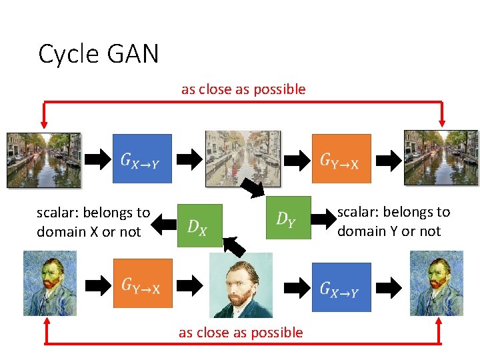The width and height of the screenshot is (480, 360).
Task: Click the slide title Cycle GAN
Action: pos(99,54)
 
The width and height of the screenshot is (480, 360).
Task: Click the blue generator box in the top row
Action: pos(142,159)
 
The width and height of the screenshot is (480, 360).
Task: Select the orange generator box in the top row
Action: pos(341,159)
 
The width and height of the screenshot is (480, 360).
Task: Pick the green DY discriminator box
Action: pos(289,217)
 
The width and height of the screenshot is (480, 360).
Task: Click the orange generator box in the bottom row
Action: pos(142,284)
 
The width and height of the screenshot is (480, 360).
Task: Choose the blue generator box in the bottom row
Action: pos(341,287)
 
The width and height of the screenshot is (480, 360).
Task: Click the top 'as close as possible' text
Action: pos(243,89)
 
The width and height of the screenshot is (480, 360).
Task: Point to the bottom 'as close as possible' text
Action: pos(241,332)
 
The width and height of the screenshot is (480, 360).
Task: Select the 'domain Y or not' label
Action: pos(389,231)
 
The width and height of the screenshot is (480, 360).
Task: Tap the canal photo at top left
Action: pos(43,159)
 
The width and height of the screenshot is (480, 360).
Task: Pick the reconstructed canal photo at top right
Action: pos(441,157)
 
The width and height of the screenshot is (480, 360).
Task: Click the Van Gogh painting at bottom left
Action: pos(50,283)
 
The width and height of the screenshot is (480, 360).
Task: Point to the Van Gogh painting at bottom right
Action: pos(437,283)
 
